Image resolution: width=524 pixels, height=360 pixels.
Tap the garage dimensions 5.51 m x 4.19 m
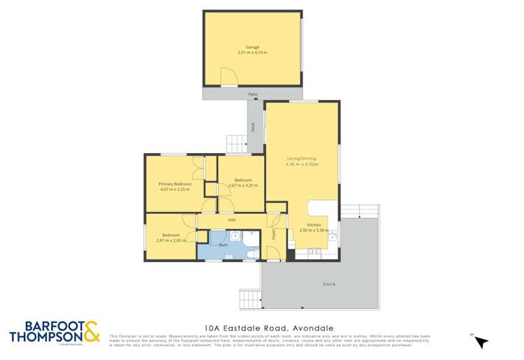click(252, 52)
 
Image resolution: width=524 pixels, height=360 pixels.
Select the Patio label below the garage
click(252, 93)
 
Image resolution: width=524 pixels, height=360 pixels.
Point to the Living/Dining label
click(302, 159)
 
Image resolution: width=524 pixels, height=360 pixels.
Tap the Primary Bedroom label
click(175, 183)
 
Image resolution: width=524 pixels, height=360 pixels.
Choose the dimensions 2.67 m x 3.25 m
click(243, 185)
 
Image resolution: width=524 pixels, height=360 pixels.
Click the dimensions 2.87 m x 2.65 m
click(171, 240)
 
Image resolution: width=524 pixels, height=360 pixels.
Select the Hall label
click(231, 220)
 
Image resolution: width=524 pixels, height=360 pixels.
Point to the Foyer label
click(274, 237)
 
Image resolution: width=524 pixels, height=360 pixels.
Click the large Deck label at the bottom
click(330, 284)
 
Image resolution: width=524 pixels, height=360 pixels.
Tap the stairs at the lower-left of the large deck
click(249, 298)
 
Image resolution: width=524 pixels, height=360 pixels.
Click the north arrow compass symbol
click(481, 341)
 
